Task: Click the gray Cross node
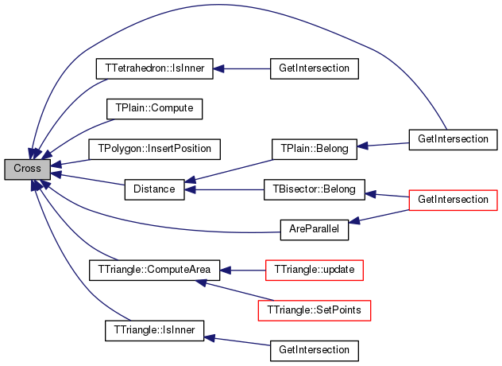(27, 169)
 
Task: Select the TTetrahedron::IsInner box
(154, 68)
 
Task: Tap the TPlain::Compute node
(154, 109)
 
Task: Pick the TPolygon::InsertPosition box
(154, 149)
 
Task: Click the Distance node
(154, 189)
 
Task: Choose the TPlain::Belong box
(314, 149)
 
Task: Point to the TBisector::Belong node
(314, 189)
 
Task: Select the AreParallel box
(314, 230)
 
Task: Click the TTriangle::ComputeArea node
(154, 270)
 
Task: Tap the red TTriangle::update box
(314, 270)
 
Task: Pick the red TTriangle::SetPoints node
(314, 310)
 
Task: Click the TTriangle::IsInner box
(154, 330)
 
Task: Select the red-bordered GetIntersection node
(453, 201)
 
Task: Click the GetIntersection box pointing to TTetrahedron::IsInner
(314, 68)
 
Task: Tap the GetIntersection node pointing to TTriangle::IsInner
(314, 351)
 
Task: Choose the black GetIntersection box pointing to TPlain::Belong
(453, 139)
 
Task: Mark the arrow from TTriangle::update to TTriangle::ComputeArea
(243, 271)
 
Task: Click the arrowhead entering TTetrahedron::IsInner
(218, 68)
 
